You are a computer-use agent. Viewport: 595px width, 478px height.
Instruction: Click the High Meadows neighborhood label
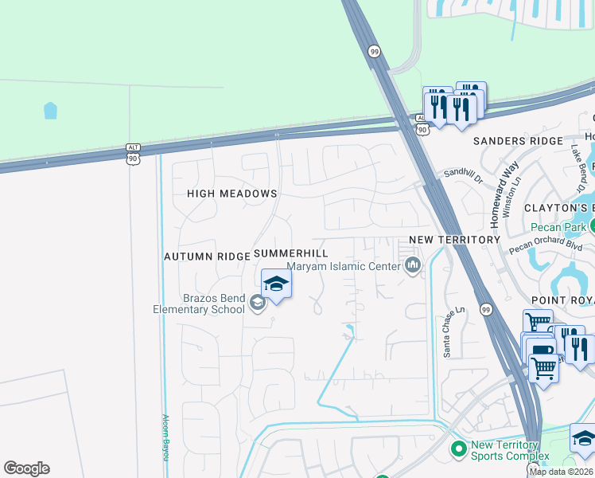point(231,194)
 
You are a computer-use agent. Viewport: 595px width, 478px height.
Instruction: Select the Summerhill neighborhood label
point(290,253)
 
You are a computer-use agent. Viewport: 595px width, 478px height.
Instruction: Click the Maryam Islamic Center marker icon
point(412,266)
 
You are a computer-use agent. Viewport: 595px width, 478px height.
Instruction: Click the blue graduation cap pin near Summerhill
point(276,284)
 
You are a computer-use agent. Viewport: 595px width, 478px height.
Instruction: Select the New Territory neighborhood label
point(454,239)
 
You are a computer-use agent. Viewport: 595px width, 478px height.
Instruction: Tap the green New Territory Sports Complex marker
point(458,450)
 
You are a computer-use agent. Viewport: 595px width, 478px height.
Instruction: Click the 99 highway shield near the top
point(374,51)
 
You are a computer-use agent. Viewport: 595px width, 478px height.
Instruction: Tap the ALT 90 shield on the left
point(133,153)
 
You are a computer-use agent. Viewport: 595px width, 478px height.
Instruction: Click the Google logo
point(26,468)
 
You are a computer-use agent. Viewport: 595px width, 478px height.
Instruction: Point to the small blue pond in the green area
point(50,110)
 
